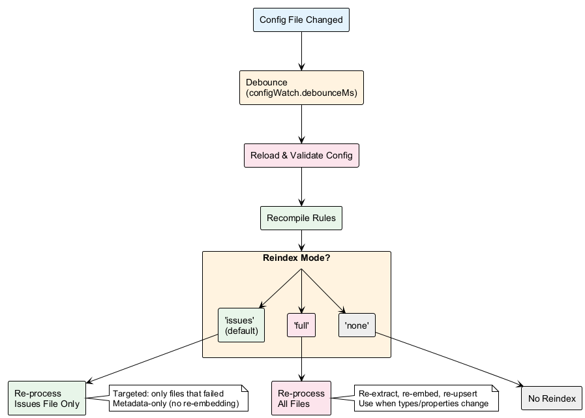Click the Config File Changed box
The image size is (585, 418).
(301, 20)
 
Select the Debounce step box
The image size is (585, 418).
(301, 88)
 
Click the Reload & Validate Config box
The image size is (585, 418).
(301, 156)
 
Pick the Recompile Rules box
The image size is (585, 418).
(301, 218)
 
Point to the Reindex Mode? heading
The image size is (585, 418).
(296, 258)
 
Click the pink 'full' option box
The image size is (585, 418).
(301, 325)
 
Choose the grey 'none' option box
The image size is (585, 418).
(357, 325)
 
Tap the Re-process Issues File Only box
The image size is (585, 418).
(47, 398)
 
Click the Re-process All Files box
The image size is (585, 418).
(301, 398)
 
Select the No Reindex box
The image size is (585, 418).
(551, 398)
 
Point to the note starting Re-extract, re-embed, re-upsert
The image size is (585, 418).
(426, 398)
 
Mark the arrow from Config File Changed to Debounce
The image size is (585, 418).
(301, 51)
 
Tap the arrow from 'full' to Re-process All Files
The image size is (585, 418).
(301, 359)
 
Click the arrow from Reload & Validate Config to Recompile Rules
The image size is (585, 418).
(301, 188)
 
